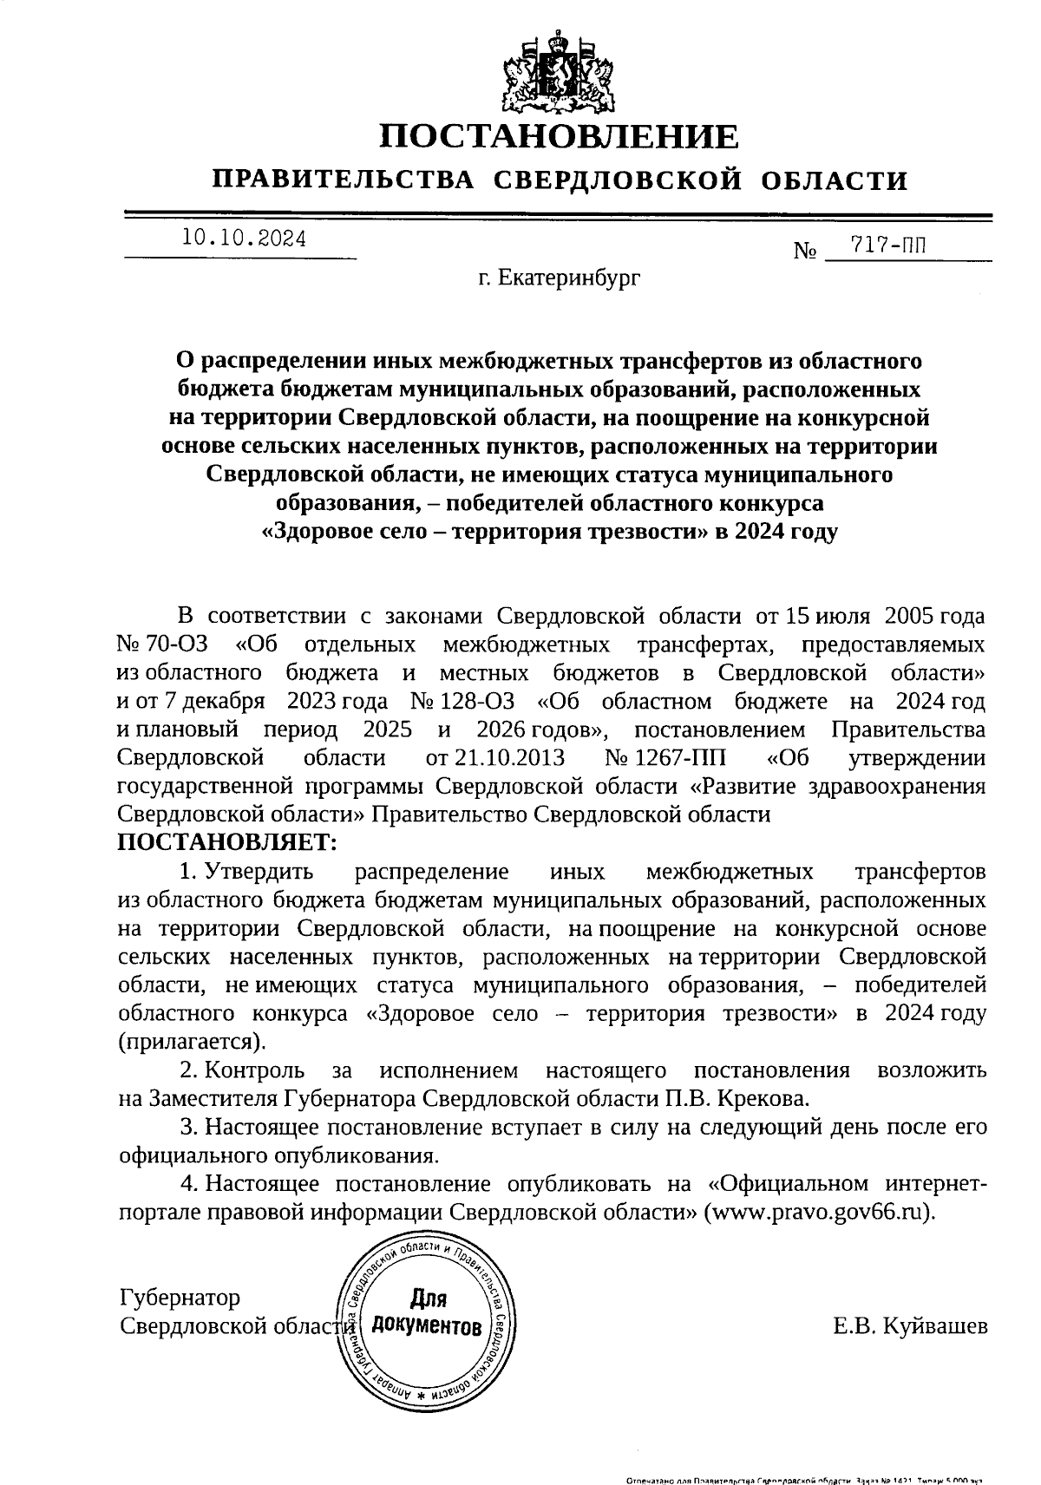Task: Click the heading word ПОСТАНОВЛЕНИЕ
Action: pyautogui.click(x=560, y=138)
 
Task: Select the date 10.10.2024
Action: pyautogui.click(x=244, y=239)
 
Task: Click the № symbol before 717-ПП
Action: pyautogui.click(x=806, y=252)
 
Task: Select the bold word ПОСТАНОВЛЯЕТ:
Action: pyautogui.click(x=226, y=842)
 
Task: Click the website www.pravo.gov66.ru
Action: pyautogui.click(x=820, y=1212)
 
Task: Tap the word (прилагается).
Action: pyautogui.click(x=192, y=1041)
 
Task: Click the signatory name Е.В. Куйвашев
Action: pyautogui.click(x=908, y=1325)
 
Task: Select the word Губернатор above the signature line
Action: pyautogui.click(x=180, y=1298)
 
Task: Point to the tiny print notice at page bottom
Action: pyautogui.click(x=807, y=1477)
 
